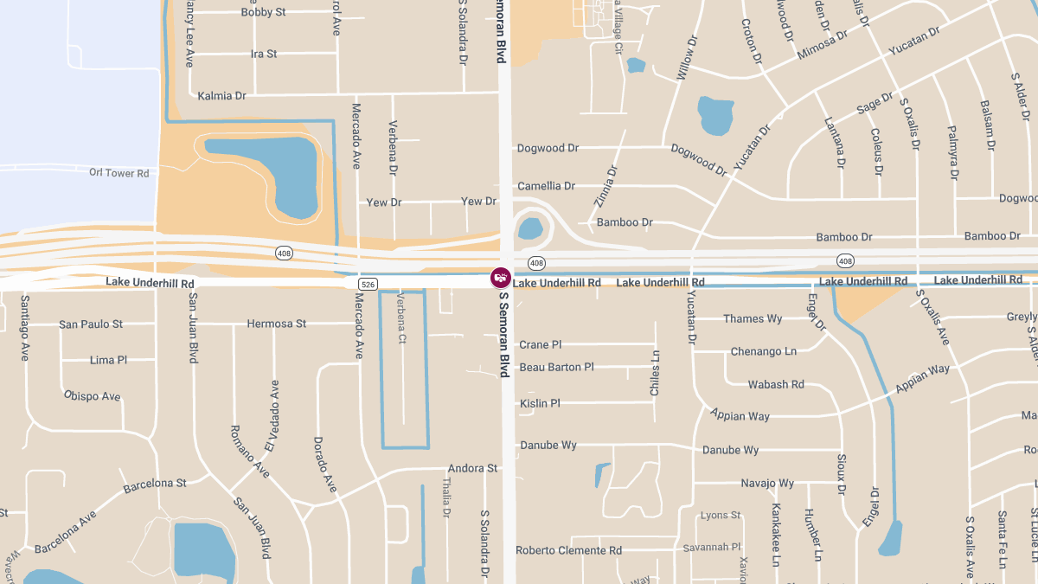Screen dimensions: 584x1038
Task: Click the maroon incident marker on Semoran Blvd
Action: coord(501,278)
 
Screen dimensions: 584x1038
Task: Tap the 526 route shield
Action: coord(368,284)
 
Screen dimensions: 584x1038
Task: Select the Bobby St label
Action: coord(263,12)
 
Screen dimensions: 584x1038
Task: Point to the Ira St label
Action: coord(264,54)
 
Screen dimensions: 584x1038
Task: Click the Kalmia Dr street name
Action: coord(221,96)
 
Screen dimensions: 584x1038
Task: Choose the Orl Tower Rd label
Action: coord(119,173)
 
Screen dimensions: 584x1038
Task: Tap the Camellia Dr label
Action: coord(546,186)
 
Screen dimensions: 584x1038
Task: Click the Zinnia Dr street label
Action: coord(607,186)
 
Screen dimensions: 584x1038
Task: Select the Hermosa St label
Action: coord(276,324)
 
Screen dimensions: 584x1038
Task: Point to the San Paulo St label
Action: coord(91,324)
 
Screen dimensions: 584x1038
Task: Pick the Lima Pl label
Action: coord(108,360)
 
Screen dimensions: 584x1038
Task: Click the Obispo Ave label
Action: coord(92,396)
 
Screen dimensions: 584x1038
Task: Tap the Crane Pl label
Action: coord(540,344)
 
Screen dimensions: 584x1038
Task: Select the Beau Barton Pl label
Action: coord(556,367)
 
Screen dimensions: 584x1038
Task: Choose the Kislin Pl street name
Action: coord(540,403)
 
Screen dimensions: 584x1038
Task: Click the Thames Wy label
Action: coord(753,318)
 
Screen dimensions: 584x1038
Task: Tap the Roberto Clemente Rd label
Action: coord(568,550)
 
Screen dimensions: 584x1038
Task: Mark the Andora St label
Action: coord(472,468)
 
